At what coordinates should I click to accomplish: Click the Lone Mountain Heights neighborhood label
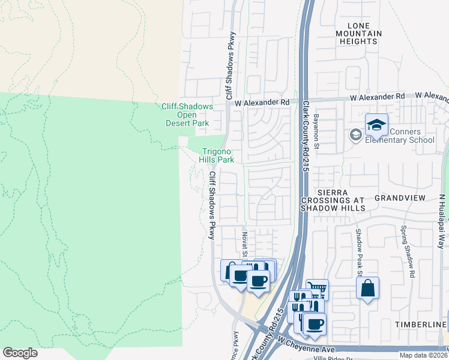[x=358, y=33]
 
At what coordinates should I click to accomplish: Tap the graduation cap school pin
[x=376, y=125]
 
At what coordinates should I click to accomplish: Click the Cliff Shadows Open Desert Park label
[x=187, y=115]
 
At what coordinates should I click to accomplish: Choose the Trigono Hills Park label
[x=217, y=156]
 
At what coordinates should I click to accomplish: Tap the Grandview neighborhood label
[x=399, y=197]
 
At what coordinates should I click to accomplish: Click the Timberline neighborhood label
[x=421, y=324]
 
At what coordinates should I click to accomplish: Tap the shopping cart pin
[x=317, y=289]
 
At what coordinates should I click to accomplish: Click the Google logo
[x=20, y=353]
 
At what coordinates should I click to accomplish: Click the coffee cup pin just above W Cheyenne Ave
[x=314, y=324]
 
